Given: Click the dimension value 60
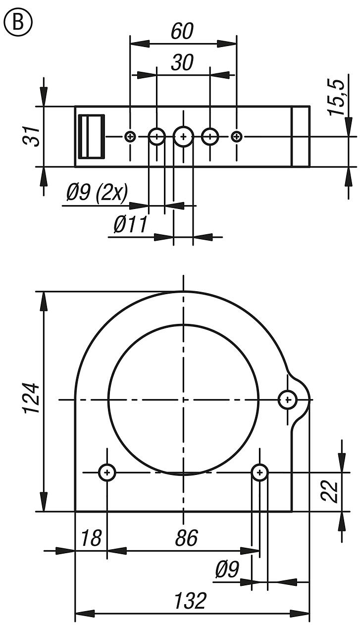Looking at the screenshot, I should point(182,31).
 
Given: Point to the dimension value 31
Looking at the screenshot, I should point(31,136).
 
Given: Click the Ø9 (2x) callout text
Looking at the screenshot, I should point(97,193).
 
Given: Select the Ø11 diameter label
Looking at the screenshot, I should point(130,225).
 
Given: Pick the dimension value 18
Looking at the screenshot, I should point(90,537).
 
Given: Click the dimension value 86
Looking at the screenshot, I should point(186,537).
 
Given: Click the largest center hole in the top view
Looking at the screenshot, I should point(183,136).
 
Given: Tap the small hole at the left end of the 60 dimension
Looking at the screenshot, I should point(130,136).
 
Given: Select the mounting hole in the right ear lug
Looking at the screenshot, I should point(287,399).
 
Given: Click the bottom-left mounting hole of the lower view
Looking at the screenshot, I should point(107,472).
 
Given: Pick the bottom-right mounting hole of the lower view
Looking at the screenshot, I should point(259,472).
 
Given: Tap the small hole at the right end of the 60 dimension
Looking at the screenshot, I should point(237,136).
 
